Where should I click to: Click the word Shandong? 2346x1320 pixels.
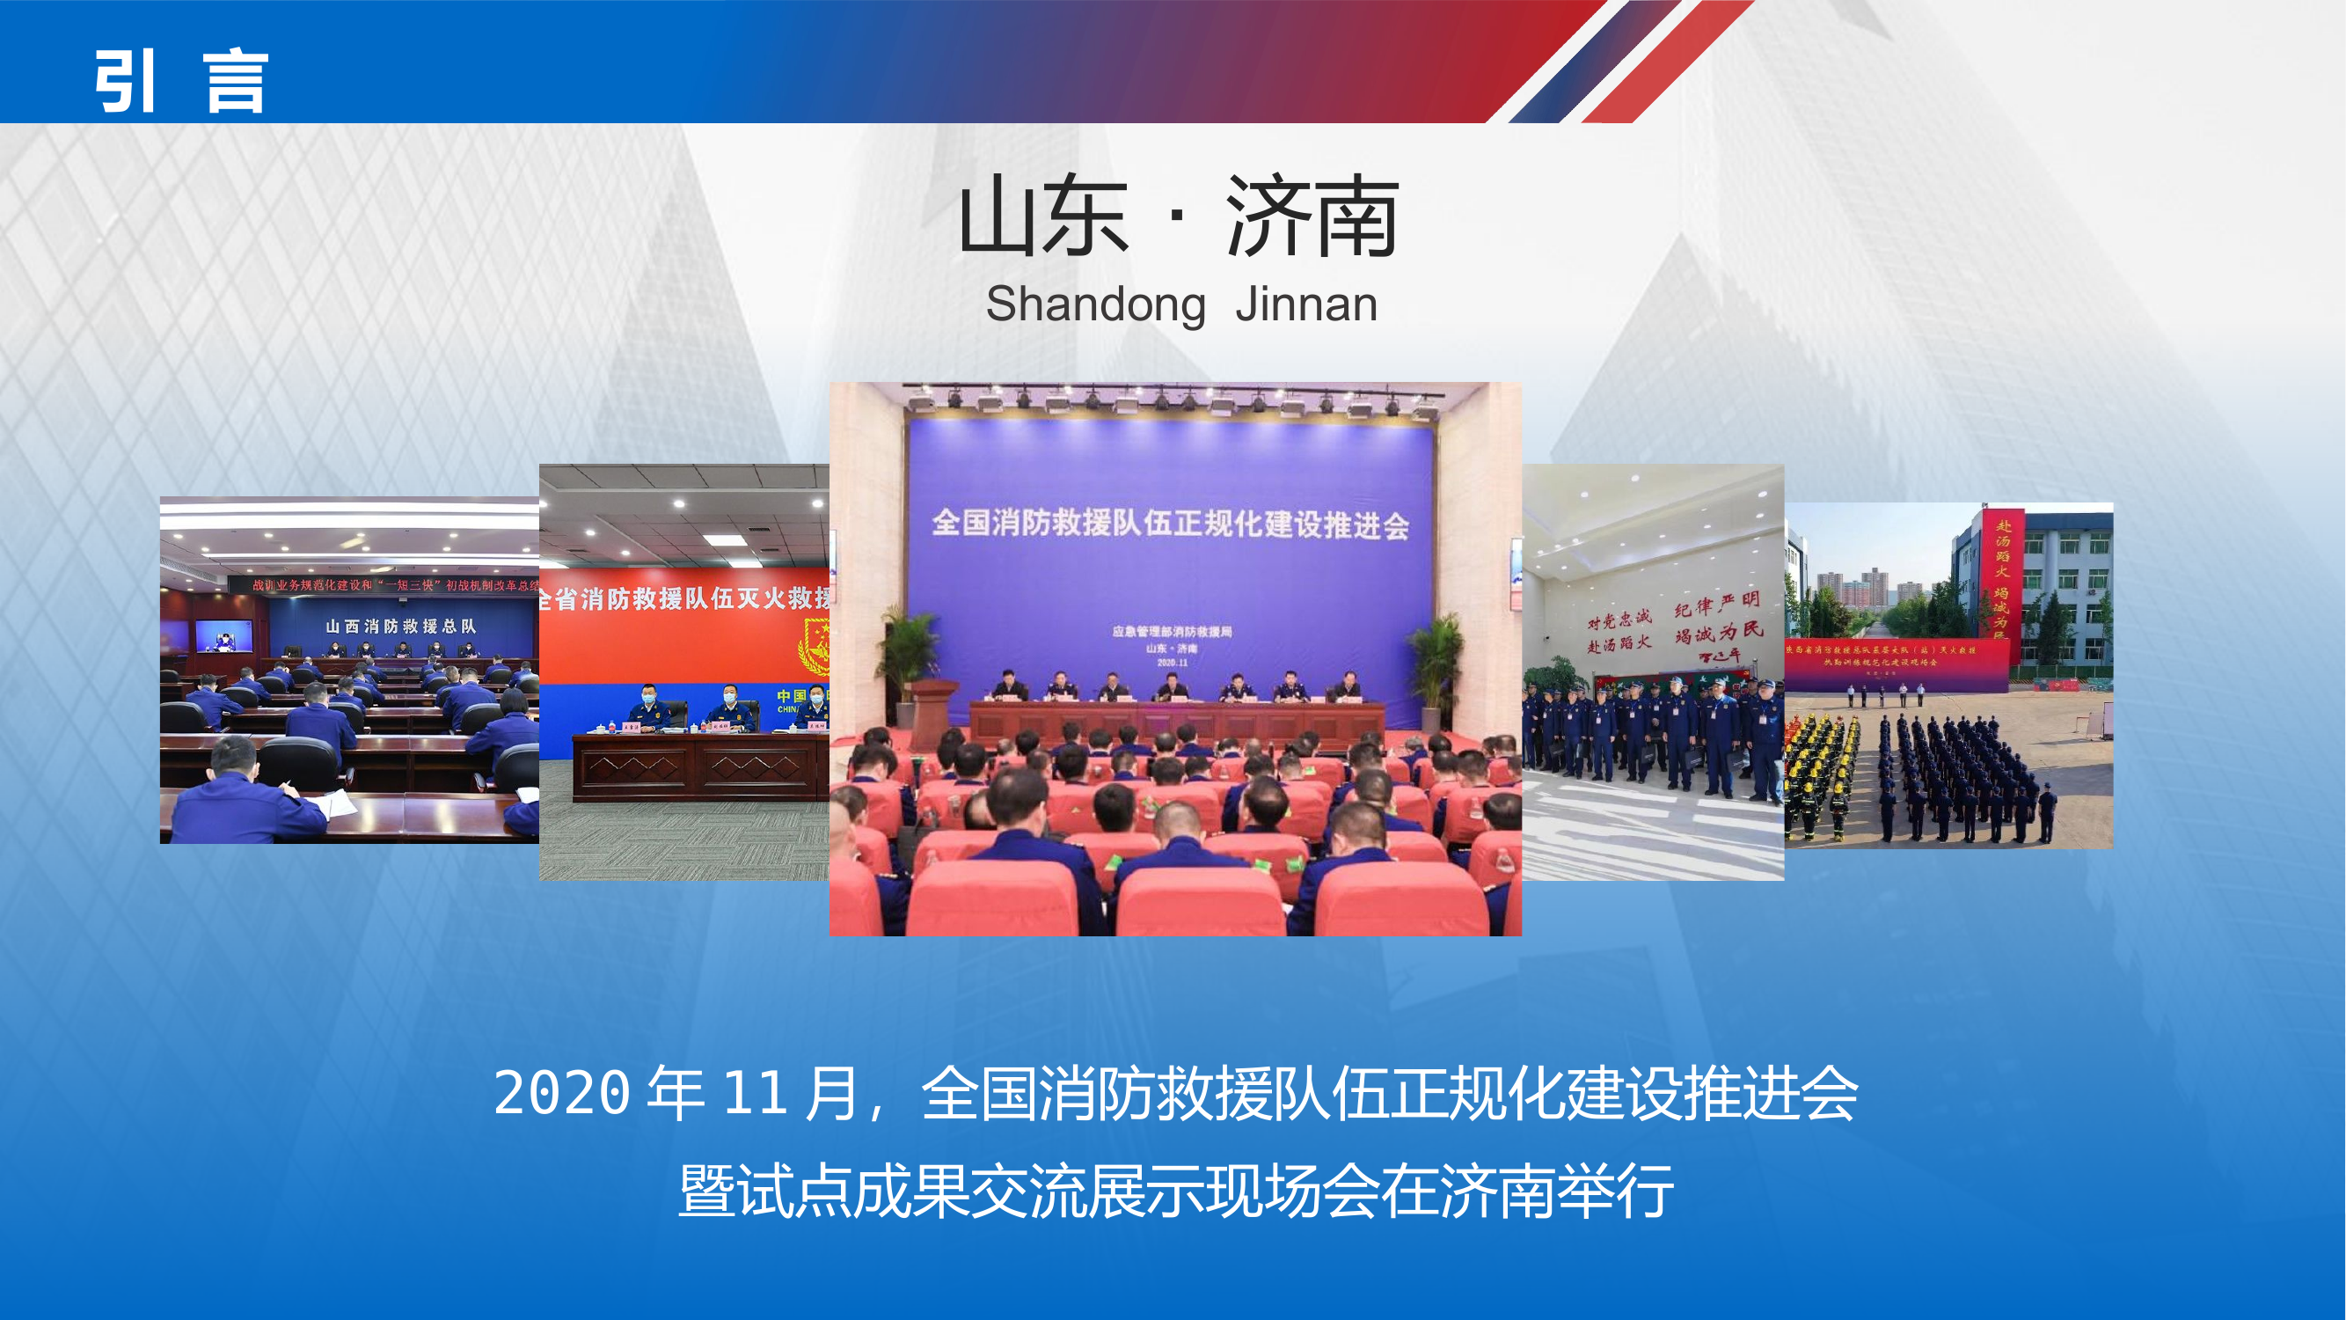[1095, 305]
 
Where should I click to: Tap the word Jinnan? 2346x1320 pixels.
[1306, 305]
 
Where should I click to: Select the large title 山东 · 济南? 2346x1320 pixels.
[1179, 216]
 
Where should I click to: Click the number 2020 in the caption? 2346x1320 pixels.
[562, 1092]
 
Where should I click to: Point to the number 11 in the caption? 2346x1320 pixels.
[755, 1092]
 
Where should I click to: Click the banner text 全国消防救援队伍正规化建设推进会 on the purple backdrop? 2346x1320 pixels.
[1170, 524]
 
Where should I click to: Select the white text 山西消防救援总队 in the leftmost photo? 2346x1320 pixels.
[401, 626]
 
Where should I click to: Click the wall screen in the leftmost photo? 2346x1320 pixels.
[223, 635]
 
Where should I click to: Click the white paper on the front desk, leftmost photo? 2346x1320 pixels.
[334, 803]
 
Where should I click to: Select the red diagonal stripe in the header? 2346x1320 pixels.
[1667, 62]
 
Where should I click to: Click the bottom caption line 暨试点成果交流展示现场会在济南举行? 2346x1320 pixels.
[1175, 1191]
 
